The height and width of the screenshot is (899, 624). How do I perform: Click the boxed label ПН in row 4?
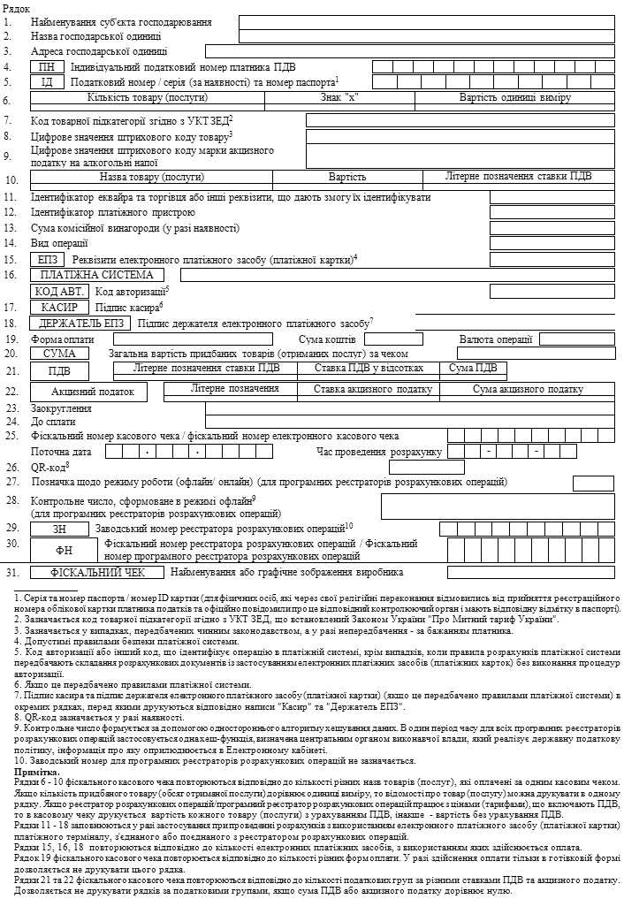(x=47, y=66)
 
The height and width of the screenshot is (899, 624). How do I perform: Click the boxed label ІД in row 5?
(x=47, y=82)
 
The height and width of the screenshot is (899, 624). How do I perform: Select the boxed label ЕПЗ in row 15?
(x=47, y=260)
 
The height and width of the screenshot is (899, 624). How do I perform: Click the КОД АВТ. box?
(x=59, y=291)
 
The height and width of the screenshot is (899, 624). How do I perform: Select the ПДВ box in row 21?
(x=59, y=370)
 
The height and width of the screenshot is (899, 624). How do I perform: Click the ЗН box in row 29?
(x=59, y=528)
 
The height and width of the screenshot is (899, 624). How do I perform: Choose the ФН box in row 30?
(x=59, y=549)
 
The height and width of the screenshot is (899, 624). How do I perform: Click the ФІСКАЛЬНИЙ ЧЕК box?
(x=97, y=572)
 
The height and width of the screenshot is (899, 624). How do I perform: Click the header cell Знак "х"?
(x=340, y=96)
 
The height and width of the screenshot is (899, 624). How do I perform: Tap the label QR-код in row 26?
(x=49, y=467)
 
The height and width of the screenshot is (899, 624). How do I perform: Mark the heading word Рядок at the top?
(x=17, y=7)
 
